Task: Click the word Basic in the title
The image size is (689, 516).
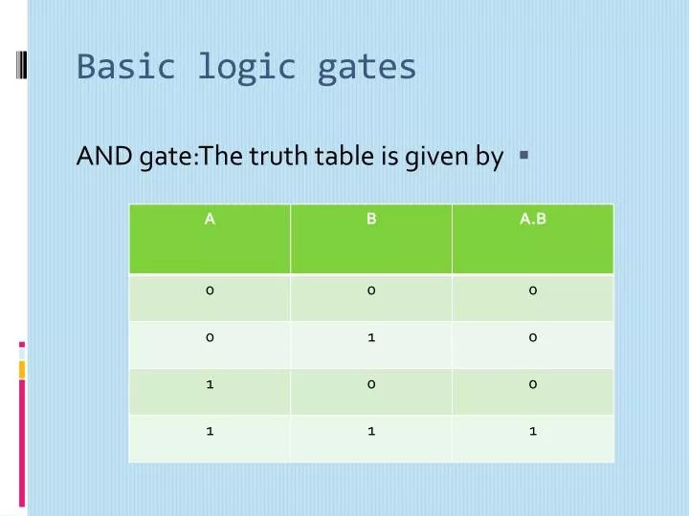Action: pos(126,67)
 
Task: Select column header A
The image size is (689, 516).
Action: pos(210,219)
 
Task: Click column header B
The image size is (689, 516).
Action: pos(371,219)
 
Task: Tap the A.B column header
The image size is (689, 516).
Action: pos(533,219)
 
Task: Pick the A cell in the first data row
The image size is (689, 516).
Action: pos(210,290)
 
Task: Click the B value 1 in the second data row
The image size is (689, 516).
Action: pos(371,337)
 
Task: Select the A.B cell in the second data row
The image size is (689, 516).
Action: pos(533,337)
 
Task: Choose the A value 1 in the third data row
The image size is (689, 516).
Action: pos(210,384)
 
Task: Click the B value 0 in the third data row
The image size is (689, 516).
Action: pos(371,384)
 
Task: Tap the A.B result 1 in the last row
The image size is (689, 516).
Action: pos(533,431)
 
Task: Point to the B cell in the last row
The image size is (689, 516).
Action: pos(371,431)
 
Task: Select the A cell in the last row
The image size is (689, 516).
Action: pos(210,431)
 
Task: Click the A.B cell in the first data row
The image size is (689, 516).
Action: pos(533,290)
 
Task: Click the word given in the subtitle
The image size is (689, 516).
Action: pos(430,157)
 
